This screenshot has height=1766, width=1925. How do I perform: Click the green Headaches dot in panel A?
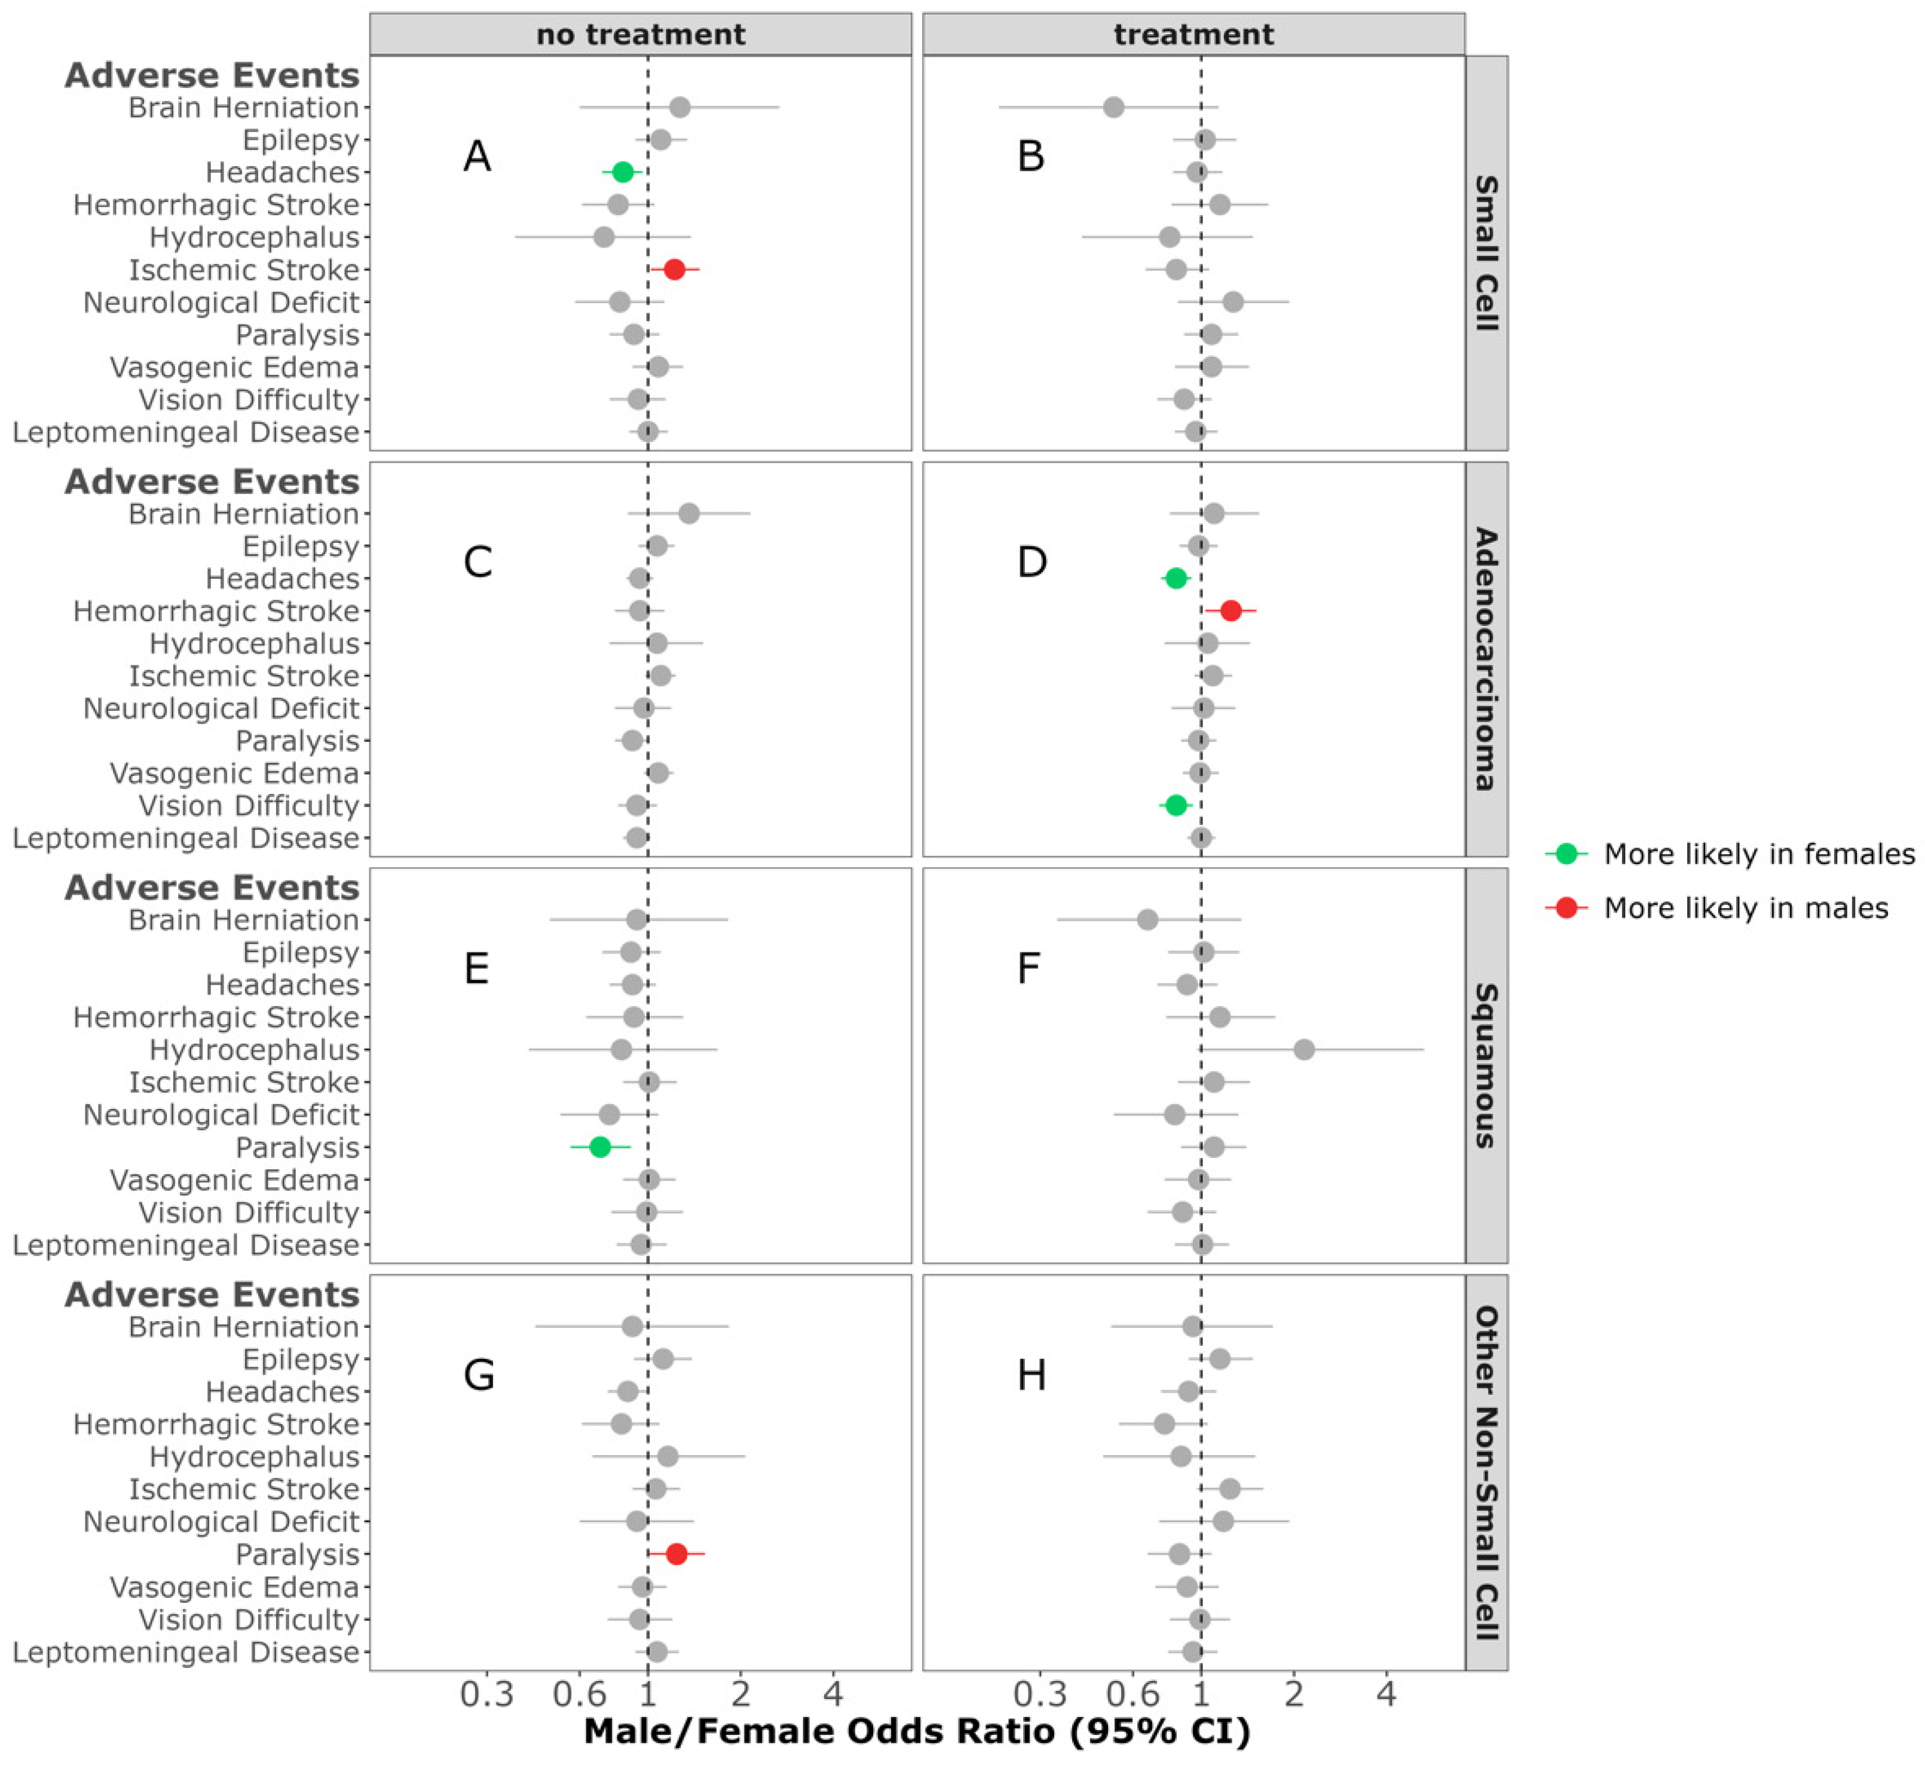[x=622, y=172]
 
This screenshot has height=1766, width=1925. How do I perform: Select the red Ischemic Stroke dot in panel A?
[x=674, y=270]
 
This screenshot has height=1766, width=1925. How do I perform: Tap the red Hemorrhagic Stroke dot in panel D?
[x=1231, y=610]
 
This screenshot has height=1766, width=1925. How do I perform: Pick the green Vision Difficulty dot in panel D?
[x=1176, y=806]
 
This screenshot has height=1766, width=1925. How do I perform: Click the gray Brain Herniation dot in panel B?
[x=1113, y=107]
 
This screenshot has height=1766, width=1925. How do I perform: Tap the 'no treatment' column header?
[x=640, y=35]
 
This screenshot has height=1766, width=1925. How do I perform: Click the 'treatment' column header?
[x=1193, y=35]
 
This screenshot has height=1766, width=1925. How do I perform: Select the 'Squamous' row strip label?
[x=1486, y=1065]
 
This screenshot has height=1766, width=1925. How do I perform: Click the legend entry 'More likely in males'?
[x=1745, y=908]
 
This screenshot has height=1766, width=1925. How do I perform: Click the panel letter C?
[x=478, y=563]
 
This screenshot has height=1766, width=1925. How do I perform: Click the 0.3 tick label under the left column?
[x=487, y=1695]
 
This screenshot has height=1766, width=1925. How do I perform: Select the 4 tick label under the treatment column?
[x=1386, y=1695]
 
